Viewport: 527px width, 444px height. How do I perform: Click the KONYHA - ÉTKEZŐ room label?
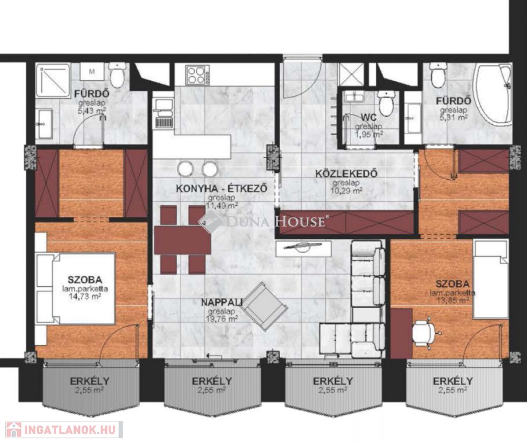[x=222, y=188]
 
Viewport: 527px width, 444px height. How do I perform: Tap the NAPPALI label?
[x=222, y=302]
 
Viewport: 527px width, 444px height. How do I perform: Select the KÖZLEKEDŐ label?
[x=346, y=173]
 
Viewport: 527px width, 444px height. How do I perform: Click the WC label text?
[x=368, y=117]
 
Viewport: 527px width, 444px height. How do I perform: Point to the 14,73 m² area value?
[x=84, y=296]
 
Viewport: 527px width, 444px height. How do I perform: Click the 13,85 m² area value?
[x=452, y=300]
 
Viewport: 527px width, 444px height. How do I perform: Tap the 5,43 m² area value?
[x=92, y=111]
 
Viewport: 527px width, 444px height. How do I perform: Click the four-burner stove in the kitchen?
[x=197, y=75]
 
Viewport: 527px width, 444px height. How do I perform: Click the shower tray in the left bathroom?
[x=53, y=80]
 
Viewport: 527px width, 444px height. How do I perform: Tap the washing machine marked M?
[x=92, y=72]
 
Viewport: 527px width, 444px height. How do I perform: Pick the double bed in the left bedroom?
[x=76, y=289]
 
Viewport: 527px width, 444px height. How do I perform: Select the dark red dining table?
[x=182, y=240]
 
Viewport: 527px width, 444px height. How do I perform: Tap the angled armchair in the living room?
[x=265, y=306]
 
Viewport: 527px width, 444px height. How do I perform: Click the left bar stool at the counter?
[x=185, y=169]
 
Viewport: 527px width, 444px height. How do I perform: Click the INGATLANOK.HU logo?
[x=64, y=430]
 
